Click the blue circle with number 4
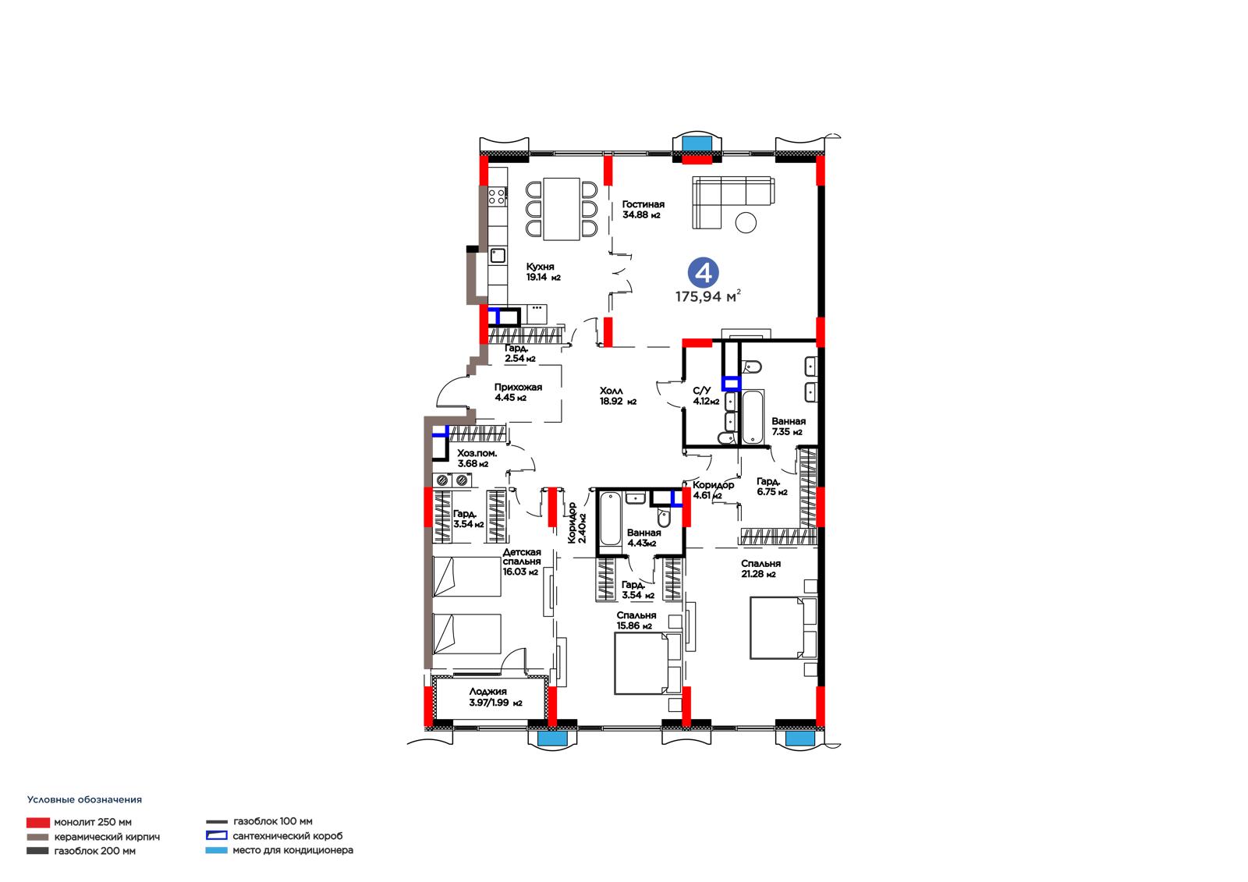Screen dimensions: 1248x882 tap(703, 273)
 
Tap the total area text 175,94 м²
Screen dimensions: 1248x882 tap(708, 296)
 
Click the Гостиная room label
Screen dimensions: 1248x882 tap(643, 204)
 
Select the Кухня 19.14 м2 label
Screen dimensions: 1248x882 tap(543, 272)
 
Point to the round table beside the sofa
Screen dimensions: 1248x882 tap(746, 223)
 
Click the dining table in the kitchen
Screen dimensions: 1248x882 tap(562, 209)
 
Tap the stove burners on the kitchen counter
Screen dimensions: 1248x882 tap(497, 196)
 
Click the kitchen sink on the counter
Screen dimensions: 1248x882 tap(498, 256)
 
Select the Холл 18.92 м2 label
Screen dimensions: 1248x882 tap(618, 396)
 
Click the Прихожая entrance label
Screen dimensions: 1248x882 tap(518, 388)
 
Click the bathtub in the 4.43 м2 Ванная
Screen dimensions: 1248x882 tap(610, 519)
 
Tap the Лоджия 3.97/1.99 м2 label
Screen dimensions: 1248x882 tap(495, 697)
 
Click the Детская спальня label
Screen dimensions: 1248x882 tap(522, 557)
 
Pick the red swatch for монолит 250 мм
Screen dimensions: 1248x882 tap(38, 823)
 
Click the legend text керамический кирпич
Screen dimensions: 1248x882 tap(107, 837)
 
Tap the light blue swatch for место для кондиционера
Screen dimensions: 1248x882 tap(216, 850)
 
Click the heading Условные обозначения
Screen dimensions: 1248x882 tap(85, 799)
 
